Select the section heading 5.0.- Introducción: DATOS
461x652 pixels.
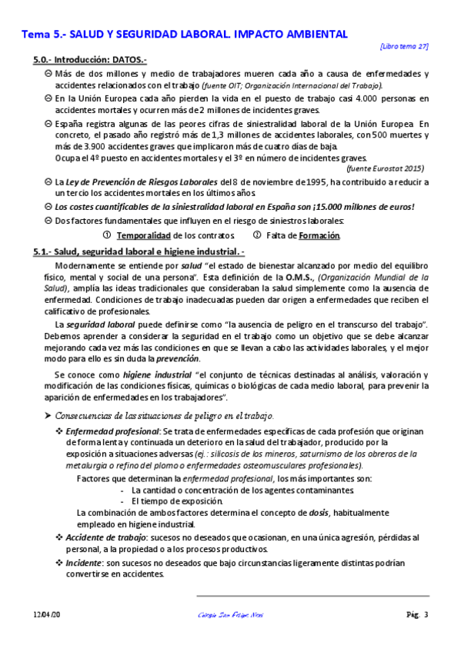point(90,60)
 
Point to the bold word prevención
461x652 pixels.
point(178,358)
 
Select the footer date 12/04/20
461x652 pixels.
point(45,614)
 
